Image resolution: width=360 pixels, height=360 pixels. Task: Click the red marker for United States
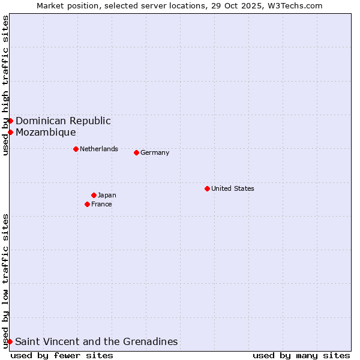click(x=207, y=188)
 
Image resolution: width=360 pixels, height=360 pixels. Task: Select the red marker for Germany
click(x=136, y=152)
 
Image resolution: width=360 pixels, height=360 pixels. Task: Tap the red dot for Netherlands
click(x=76, y=149)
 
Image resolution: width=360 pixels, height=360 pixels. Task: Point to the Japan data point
click(x=94, y=195)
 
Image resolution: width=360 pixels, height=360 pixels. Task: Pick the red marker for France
click(x=87, y=204)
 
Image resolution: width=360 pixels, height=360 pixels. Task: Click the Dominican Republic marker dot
click(x=10, y=121)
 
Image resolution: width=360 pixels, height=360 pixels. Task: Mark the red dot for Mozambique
click(x=10, y=132)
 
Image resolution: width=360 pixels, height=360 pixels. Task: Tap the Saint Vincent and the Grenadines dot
click(x=10, y=341)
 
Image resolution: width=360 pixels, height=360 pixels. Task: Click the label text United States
click(x=233, y=188)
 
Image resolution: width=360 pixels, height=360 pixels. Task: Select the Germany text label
click(x=155, y=152)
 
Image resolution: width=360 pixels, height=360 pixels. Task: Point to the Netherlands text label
click(x=99, y=149)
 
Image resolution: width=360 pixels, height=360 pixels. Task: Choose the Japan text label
click(x=107, y=195)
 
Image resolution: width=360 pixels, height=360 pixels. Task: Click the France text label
click(x=101, y=204)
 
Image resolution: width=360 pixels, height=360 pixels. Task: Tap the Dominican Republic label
click(x=63, y=121)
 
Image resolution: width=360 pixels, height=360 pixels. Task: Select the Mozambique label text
click(x=46, y=132)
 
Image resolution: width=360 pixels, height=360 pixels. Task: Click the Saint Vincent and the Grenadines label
click(x=96, y=341)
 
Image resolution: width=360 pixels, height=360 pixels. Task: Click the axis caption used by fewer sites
click(x=62, y=355)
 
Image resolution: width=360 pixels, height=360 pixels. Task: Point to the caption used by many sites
click(x=301, y=355)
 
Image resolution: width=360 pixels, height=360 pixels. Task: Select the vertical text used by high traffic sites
click(x=5, y=85)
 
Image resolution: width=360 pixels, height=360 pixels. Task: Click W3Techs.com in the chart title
click(x=295, y=5)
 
